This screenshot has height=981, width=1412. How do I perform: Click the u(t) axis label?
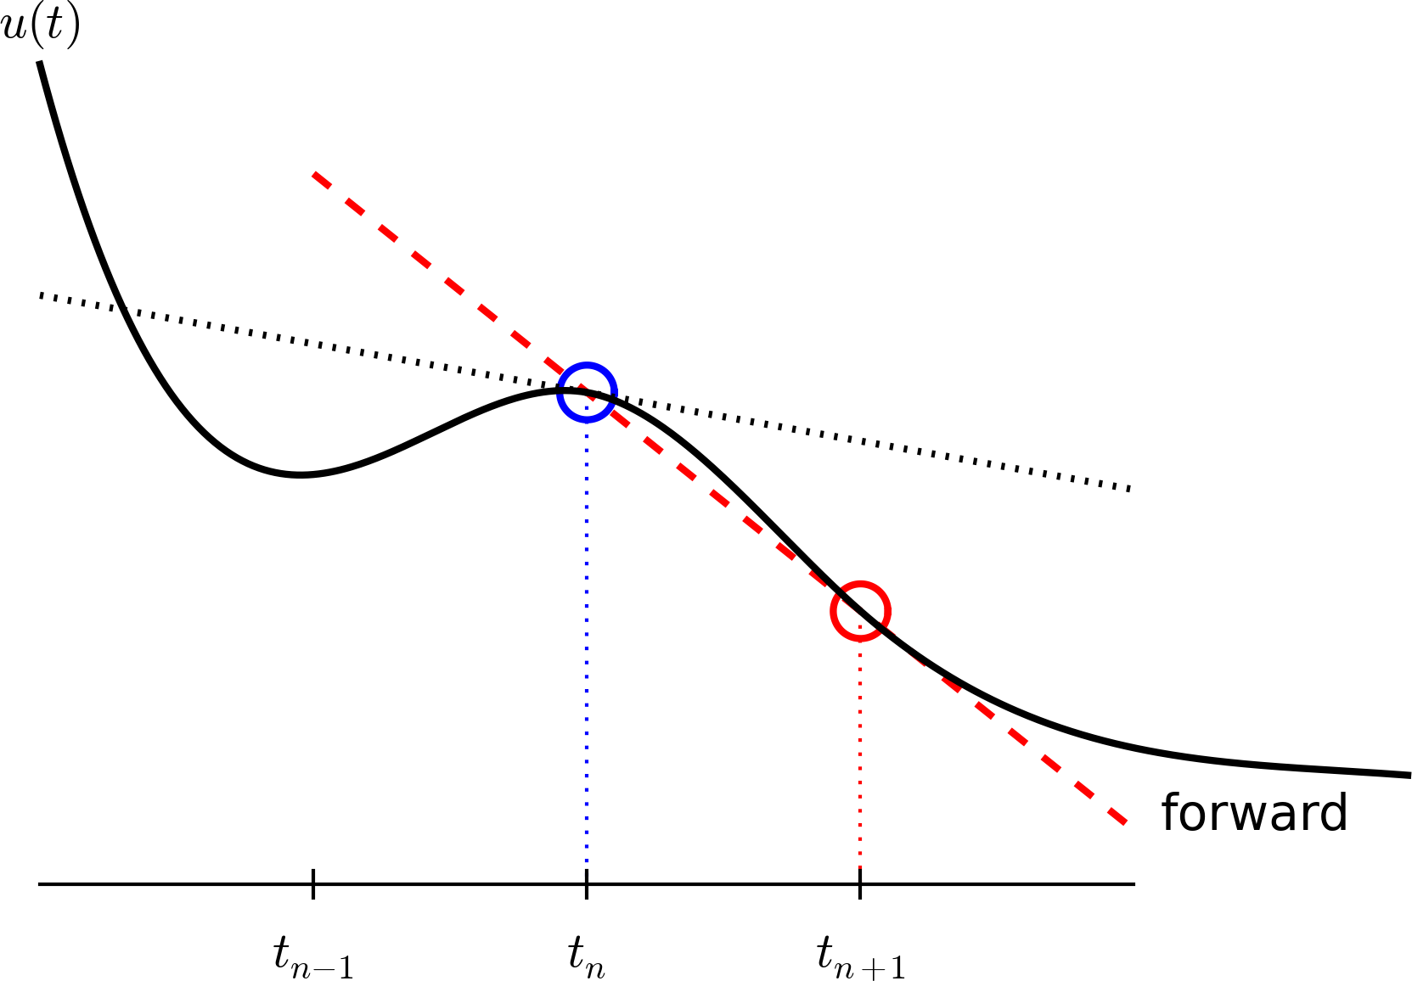click(41, 27)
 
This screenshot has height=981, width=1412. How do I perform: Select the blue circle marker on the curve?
click(586, 392)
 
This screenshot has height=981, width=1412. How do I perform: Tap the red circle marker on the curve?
click(860, 611)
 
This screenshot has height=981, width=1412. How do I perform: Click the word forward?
click(1254, 813)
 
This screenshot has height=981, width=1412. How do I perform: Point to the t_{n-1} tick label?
click(313, 959)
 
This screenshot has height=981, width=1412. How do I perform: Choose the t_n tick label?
click(587, 959)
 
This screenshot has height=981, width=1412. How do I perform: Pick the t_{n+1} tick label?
click(861, 959)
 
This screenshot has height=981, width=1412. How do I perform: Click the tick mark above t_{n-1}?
click(313, 883)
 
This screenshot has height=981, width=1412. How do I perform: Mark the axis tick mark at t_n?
click(586, 883)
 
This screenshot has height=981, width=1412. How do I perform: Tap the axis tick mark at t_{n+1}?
click(860, 883)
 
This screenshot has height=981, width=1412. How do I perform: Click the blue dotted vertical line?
click(586, 645)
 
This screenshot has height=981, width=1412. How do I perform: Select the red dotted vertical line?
click(860, 755)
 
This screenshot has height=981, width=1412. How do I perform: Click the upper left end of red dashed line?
click(315, 175)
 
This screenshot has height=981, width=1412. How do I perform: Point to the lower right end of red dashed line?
click(1124, 821)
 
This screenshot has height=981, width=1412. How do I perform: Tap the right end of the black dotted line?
click(1130, 489)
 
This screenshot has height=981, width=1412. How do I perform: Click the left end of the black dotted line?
click(41, 295)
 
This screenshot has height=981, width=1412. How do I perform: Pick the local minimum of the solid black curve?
click(300, 474)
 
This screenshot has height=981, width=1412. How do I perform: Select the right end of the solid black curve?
click(1408, 775)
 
